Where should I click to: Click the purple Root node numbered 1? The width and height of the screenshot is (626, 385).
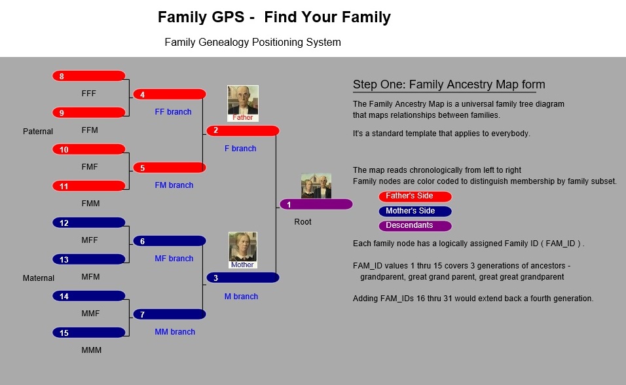coord(316,204)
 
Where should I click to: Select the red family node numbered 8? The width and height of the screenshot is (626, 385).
coord(88,76)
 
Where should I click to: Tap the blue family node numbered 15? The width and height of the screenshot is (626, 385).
coord(88,333)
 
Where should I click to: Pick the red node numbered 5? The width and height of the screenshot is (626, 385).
coord(170,168)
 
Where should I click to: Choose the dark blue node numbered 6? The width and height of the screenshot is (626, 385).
coord(170,241)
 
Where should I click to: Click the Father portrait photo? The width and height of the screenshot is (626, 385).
coord(243,103)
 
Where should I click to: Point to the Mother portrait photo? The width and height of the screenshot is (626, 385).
coord(243,250)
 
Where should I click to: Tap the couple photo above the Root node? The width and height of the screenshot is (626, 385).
coord(316,186)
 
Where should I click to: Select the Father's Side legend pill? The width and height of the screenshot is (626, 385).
coord(415,196)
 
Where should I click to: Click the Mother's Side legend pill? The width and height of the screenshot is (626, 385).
coord(415,211)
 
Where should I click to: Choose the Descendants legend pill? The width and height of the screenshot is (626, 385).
coord(415,226)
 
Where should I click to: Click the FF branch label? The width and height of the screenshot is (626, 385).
coord(174,112)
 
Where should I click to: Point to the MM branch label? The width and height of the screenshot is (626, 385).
coord(175,332)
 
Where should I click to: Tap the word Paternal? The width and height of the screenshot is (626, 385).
coord(38,132)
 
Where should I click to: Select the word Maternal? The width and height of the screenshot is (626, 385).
coord(39,278)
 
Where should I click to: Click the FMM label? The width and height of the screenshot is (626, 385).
coord(90,203)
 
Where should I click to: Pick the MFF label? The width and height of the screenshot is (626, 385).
coord(90,240)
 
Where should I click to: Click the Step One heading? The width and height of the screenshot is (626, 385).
coord(449,84)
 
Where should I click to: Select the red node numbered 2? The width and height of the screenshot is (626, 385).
coord(243,130)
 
